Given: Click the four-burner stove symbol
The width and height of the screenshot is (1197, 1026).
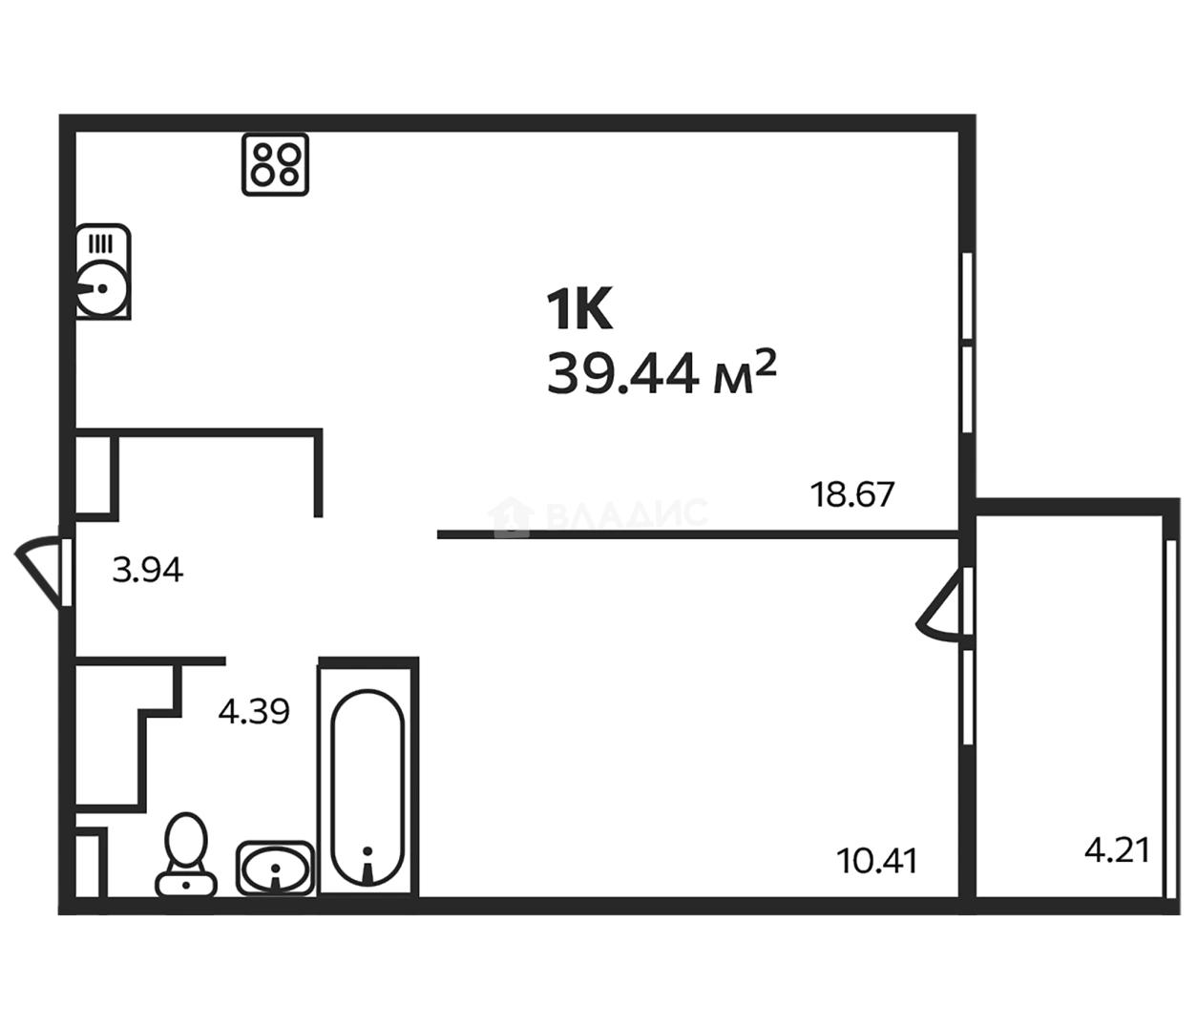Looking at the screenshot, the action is click(x=275, y=164).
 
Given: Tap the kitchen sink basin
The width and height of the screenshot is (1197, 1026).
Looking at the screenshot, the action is click(x=102, y=288).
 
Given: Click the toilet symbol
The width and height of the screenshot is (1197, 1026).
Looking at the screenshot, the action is click(x=186, y=854).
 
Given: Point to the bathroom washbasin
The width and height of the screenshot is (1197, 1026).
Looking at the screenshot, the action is click(x=275, y=869).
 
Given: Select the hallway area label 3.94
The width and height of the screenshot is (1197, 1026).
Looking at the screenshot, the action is click(x=148, y=570).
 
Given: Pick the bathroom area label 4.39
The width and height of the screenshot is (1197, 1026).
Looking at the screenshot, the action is click(x=254, y=712).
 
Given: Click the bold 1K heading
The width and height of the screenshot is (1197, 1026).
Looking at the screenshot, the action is click(x=579, y=310).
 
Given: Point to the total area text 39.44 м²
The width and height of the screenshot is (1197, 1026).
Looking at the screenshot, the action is click(x=661, y=373).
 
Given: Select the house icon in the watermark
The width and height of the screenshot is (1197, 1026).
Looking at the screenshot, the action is click(x=510, y=516).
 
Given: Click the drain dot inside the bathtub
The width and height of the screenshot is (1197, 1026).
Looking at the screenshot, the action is click(x=367, y=851).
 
